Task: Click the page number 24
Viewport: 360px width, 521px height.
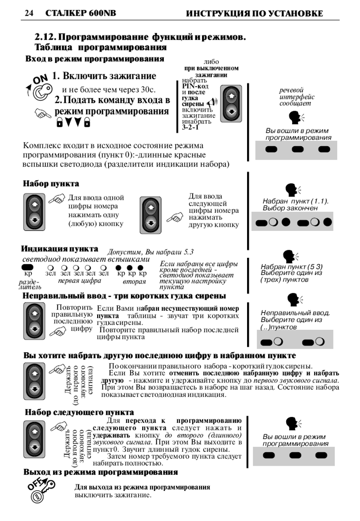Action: (x=29, y=13)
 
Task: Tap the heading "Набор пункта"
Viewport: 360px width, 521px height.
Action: (x=51, y=184)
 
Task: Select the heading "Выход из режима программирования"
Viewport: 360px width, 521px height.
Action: (x=101, y=472)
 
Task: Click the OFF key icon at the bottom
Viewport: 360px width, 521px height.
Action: (x=41, y=490)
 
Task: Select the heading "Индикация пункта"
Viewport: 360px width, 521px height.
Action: (x=60, y=249)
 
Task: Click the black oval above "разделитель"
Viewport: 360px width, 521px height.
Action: (x=28, y=267)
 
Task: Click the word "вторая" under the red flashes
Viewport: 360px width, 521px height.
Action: (x=135, y=281)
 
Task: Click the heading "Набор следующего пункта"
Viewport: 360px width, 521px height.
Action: (x=79, y=412)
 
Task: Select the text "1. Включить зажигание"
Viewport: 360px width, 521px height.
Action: (x=104, y=76)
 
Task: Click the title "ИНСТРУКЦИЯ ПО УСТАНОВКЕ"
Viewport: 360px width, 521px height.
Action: (x=255, y=13)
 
